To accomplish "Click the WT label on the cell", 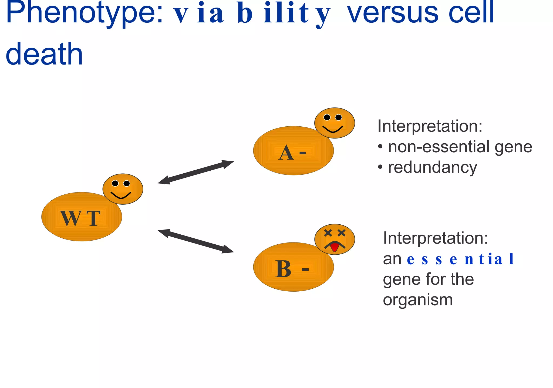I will pyautogui.click(x=80, y=218).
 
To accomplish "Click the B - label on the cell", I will pyautogui.click(x=292, y=269).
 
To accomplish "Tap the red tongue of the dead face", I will pyautogui.click(x=335, y=247).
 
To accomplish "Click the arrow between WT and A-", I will pyautogui.click(x=196, y=172).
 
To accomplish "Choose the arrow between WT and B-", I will pyautogui.click(x=196, y=241).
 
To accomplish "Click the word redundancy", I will pyautogui.click(x=433, y=167).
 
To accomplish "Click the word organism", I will pyautogui.click(x=418, y=300).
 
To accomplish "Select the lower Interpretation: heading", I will pyautogui.click(x=436, y=238).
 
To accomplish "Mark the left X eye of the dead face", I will pyautogui.click(x=328, y=233).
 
